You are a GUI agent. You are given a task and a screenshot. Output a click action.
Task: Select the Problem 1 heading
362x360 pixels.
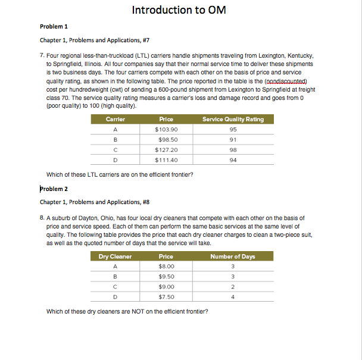click(54, 27)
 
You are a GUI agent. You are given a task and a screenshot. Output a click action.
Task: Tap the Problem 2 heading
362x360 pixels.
click(54, 189)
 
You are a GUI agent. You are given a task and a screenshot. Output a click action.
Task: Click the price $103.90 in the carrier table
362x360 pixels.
click(166, 129)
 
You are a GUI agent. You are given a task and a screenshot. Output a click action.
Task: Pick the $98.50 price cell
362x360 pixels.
click(166, 139)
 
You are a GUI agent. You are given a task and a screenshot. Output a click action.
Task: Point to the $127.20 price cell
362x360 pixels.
click(166, 149)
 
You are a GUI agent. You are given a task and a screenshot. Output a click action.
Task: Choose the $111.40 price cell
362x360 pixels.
click(166, 159)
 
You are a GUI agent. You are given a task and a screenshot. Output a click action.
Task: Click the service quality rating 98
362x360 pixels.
click(233, 149)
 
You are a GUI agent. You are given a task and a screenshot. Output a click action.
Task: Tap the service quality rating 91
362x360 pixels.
click(233, 139)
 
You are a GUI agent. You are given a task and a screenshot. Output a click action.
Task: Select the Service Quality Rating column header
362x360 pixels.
click(233, 119)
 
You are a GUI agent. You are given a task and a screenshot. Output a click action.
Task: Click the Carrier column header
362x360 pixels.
click(115, 119)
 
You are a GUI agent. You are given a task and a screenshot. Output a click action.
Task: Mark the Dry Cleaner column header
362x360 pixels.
click(115, 256)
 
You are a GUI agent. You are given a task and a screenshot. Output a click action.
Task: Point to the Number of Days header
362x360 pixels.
click(233, 256)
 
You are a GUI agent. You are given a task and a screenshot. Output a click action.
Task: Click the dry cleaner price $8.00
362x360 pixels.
click(166, 267)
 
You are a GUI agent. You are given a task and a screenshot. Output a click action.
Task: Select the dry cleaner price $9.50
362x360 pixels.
click(166, 277)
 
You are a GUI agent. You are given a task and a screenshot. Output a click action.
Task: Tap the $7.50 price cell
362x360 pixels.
click(166, 297)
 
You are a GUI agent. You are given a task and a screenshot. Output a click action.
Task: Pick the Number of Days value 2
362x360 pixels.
click(233, 287)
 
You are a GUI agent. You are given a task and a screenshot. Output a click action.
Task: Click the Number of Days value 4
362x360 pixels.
click(233, 297)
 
